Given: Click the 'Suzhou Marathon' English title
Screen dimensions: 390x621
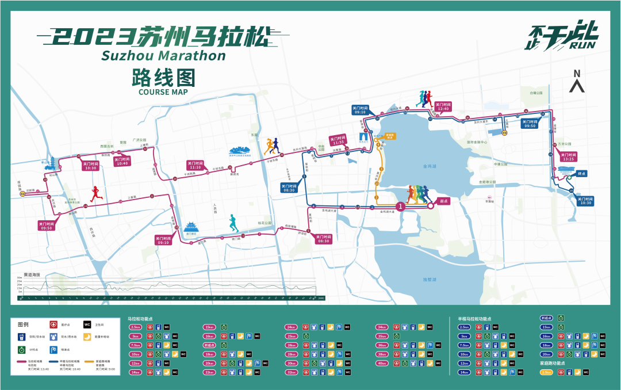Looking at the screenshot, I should [x=163, y=56].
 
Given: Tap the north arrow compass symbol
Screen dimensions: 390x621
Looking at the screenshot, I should [x=577, y=81].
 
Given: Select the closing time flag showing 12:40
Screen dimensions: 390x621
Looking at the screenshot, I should [x=442, y=106].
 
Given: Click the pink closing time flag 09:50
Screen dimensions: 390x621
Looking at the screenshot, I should [x=46, y=225].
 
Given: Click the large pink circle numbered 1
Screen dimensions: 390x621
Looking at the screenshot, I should [x=401, y=205].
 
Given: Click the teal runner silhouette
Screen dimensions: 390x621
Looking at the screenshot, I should [x=232, y=223].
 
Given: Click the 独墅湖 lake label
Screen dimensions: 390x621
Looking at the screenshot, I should [x=430, y=280].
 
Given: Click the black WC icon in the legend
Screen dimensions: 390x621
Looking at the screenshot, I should [x=87, y=324].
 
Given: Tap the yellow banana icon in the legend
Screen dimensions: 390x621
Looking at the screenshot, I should [x=87, y=337].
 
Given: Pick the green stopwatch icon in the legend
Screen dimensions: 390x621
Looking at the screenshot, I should [x=22, y=350].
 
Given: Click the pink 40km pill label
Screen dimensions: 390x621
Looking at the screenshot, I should [x=382, y=363].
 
